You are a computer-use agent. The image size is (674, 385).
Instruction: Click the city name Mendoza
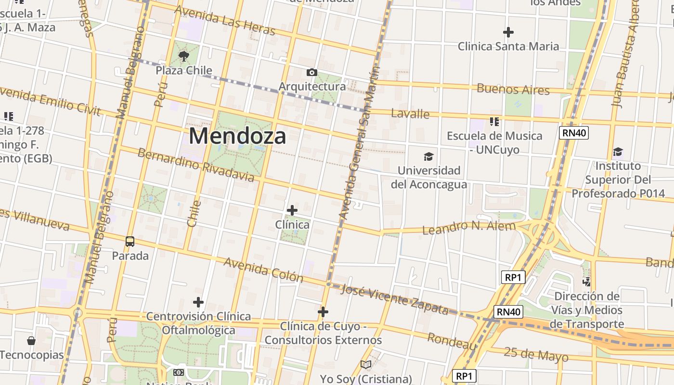(237, 136)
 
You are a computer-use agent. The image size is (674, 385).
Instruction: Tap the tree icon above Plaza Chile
(183, 57)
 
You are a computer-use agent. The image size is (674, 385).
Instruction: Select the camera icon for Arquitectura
(312, 73)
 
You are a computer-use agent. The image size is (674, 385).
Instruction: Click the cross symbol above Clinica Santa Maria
(508, 32)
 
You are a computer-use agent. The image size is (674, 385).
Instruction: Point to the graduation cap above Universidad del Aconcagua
(428, 156)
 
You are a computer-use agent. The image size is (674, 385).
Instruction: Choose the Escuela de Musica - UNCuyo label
(494, 142)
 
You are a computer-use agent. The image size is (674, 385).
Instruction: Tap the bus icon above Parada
(130, 242)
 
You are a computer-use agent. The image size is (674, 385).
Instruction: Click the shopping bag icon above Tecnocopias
(31, 341)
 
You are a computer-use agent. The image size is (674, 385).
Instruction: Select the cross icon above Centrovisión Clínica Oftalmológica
(198, 302)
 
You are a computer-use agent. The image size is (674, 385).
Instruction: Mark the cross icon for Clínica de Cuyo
(323, 312)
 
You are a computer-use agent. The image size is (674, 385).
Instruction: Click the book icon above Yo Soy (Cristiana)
(366, 365)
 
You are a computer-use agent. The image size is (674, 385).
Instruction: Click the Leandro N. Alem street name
(468, 227)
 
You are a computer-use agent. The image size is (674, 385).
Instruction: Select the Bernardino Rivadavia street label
(195, 165)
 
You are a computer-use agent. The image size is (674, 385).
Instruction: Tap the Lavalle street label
(410, 114)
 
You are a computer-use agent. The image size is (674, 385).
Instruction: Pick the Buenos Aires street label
(513, 90)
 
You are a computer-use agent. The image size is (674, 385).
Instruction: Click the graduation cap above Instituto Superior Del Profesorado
(618, 152)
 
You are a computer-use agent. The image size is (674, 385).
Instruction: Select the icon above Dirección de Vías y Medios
(586, 282)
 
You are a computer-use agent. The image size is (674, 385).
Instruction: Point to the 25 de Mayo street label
(536, 354)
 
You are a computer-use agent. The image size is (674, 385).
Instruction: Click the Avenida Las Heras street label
(225, 20)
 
